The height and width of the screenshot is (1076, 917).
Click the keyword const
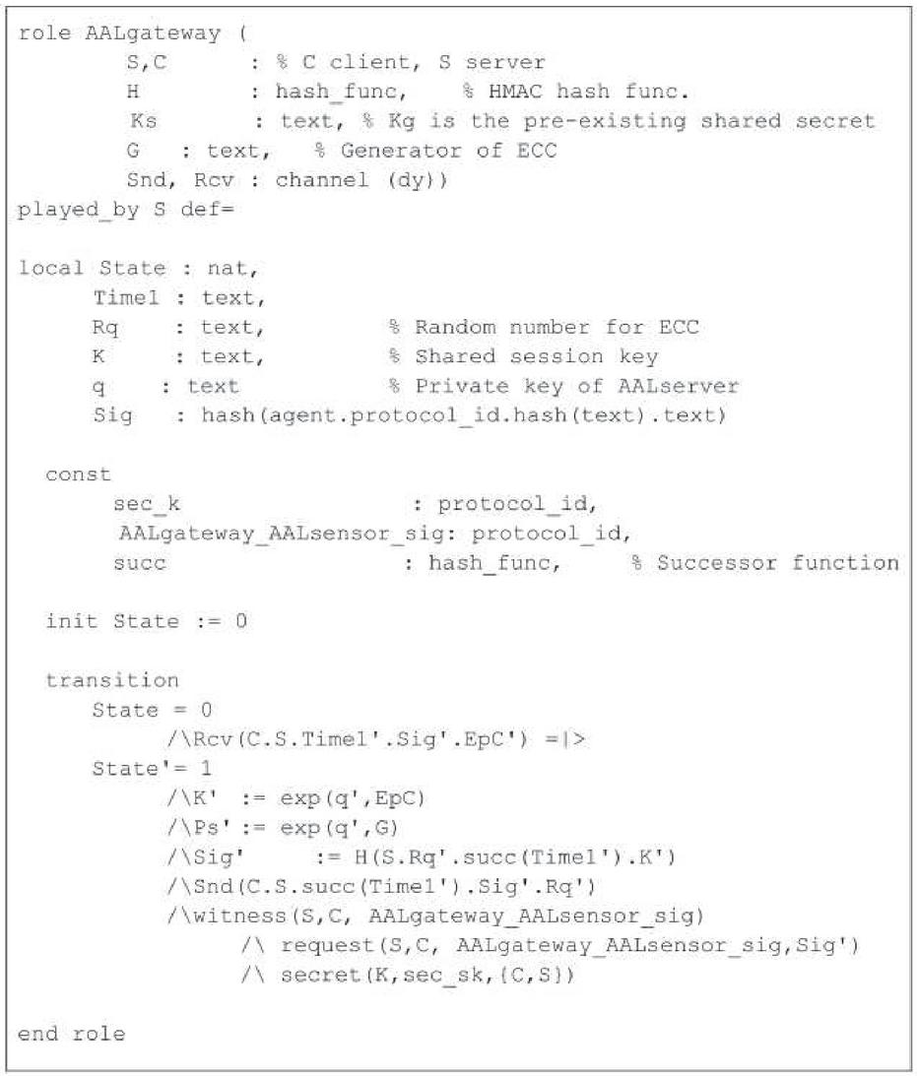(x=78, y=475)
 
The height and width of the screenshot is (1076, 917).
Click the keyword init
(x=71, y=622)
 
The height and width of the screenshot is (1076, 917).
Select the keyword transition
(x=111, y=680)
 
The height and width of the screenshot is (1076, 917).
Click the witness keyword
(x=216, y=918)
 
